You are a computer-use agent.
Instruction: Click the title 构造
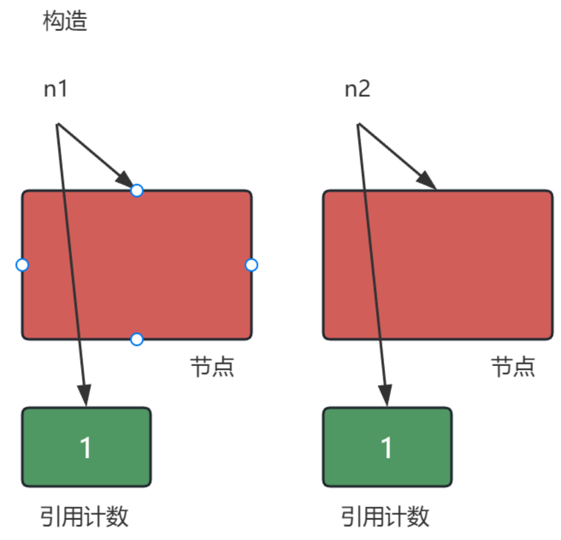tap(65, 22)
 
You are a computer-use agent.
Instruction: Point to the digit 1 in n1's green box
tap(86, 447)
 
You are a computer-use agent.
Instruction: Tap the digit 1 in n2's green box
tap(387, 447)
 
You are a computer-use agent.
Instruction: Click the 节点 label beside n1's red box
tap(212, 368)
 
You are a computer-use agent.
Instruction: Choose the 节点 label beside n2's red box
tap(512, 368)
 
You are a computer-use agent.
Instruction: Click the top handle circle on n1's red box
tap(137, 190)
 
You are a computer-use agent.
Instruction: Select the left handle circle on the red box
tap(22, 265)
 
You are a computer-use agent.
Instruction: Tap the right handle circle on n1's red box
tap(251, 265)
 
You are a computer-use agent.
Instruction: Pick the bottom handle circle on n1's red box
tap(137, 340)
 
